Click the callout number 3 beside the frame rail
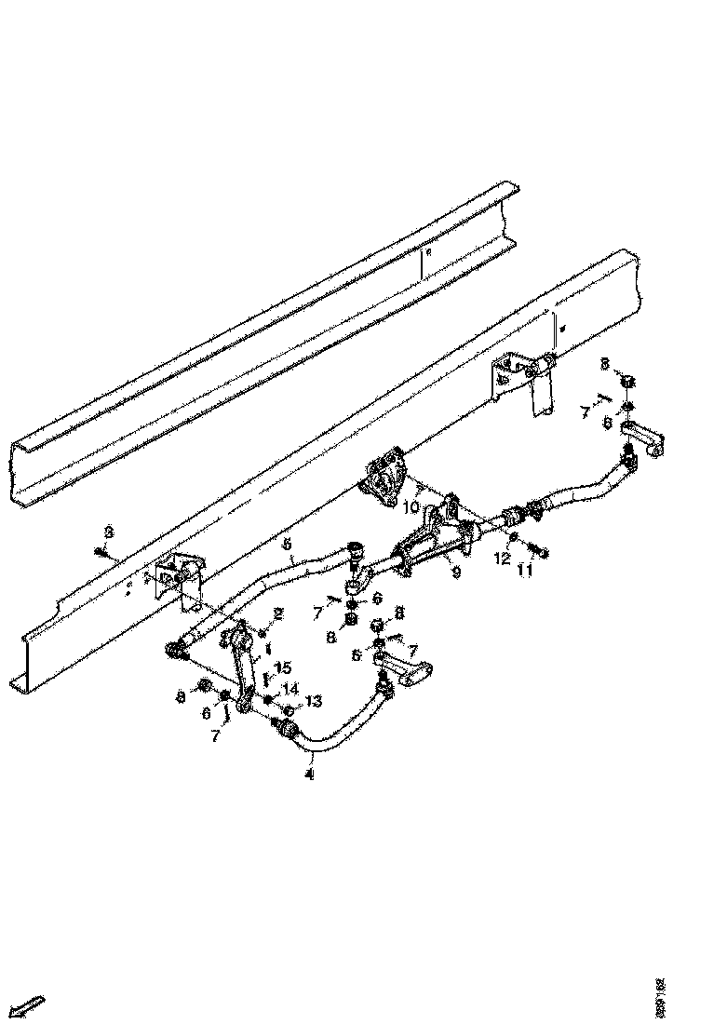[x=109, y=532]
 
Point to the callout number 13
[x=312, y=701]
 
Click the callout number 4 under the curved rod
[x=309, y=772]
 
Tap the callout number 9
[x=455, y=574]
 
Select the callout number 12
[x=502, y=559]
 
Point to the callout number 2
[x=276, y=613]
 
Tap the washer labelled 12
[x=513, y=539]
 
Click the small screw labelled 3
[x=100, y=551]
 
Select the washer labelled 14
[x=268, y=698]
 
